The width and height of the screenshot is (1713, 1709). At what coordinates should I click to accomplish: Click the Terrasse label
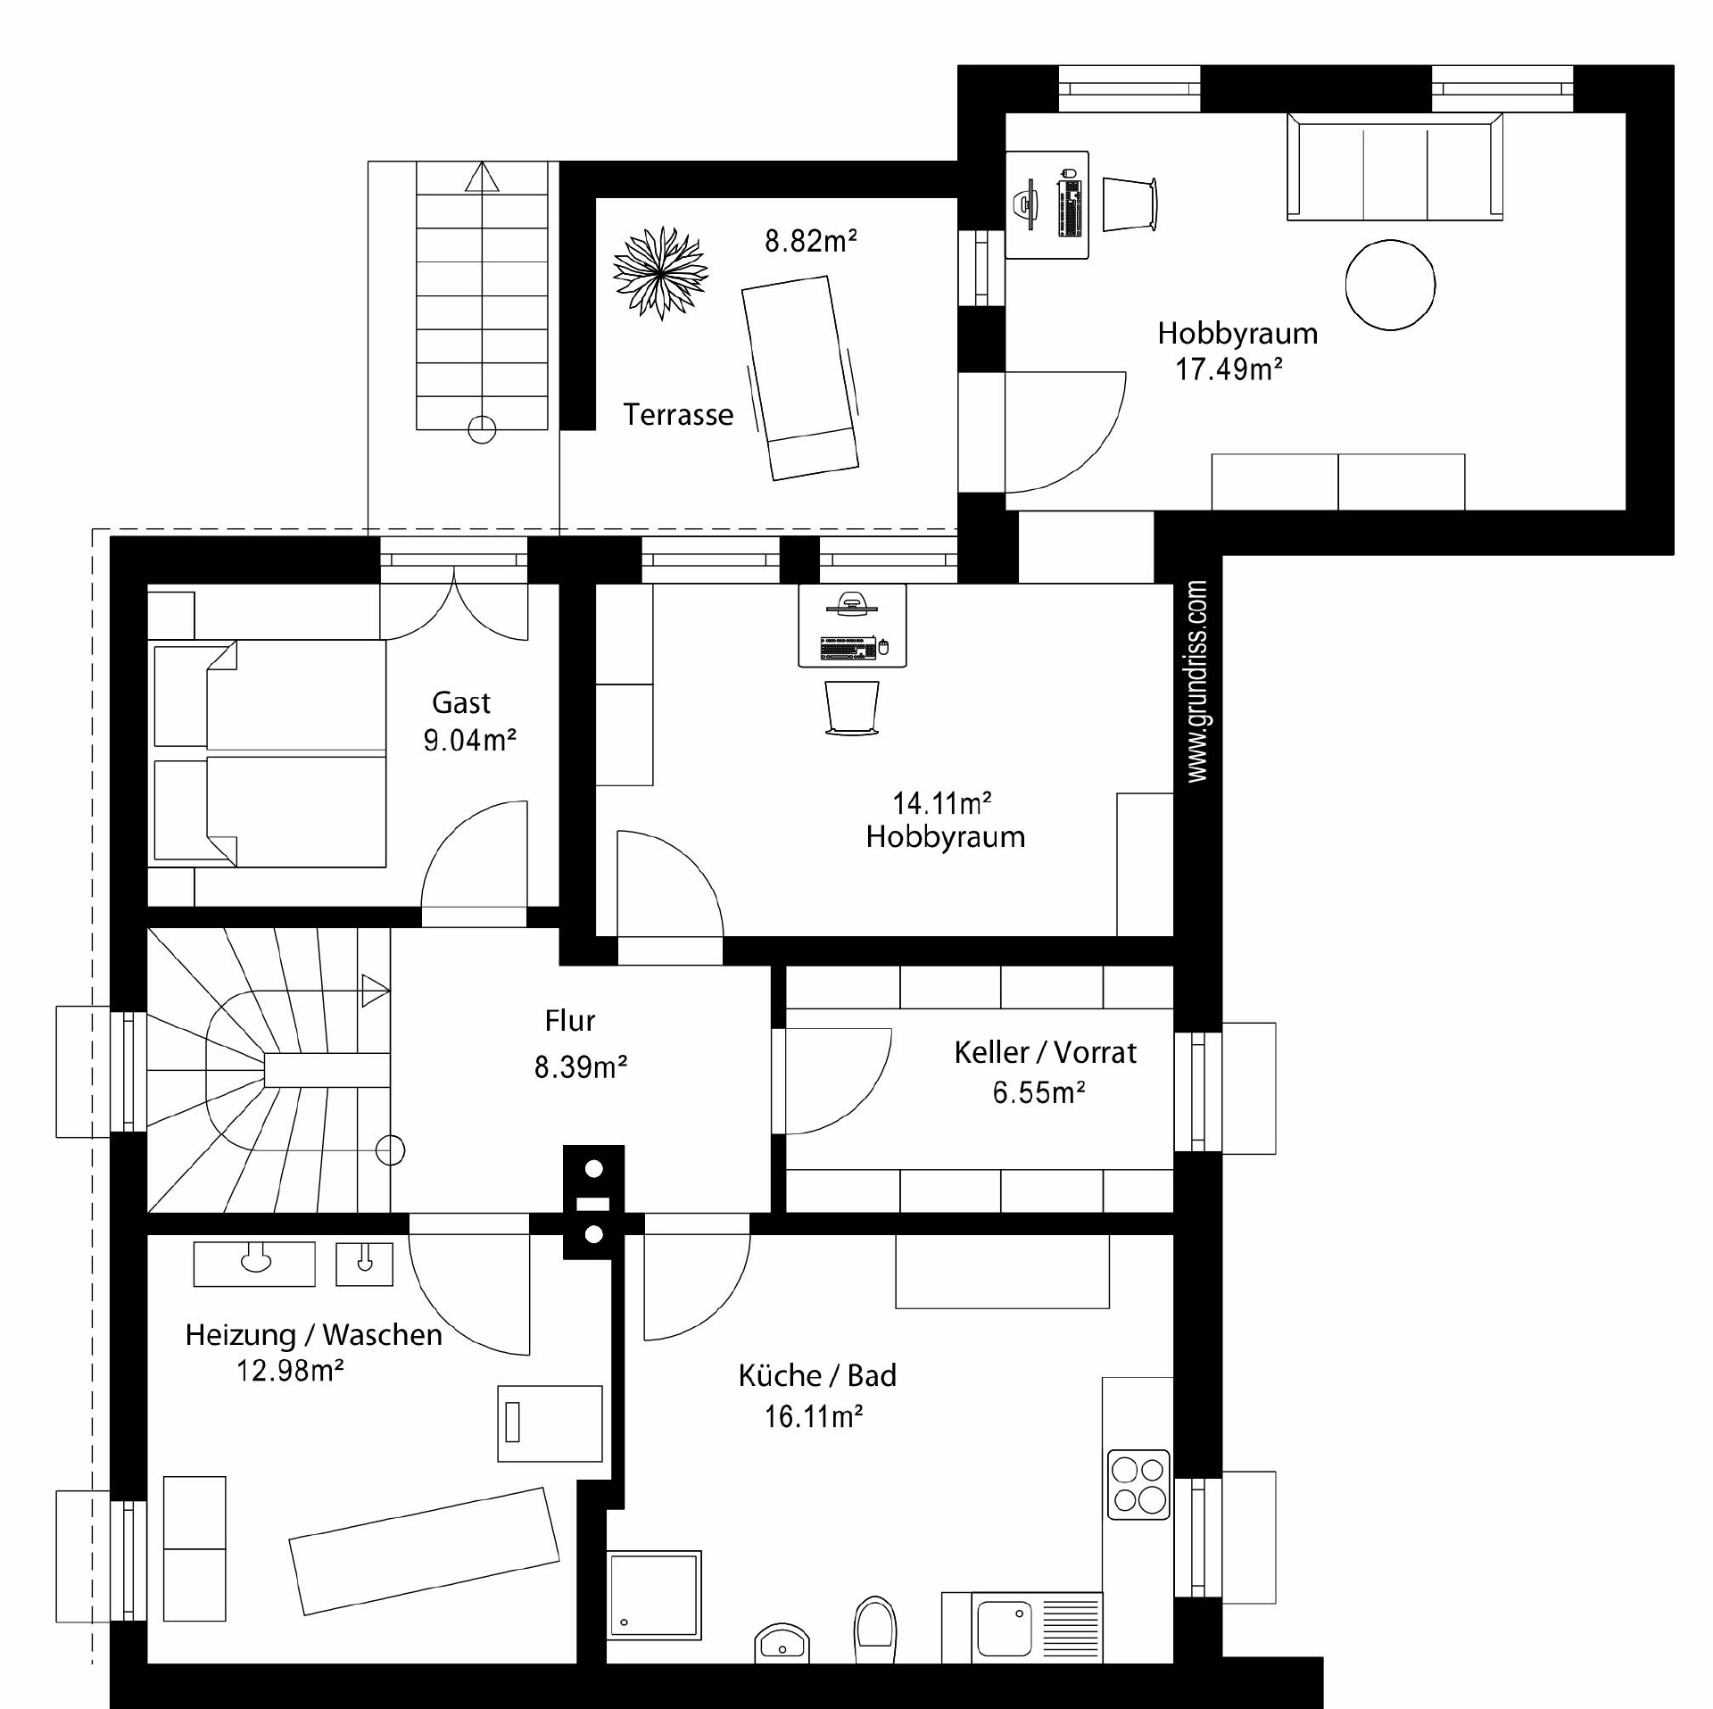[678, 415]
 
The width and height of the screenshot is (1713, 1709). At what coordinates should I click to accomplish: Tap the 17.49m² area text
[1229, 369]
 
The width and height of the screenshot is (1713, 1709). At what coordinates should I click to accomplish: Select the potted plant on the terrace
[660, 273]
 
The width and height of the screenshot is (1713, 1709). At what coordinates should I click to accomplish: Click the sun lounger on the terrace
[800, 377]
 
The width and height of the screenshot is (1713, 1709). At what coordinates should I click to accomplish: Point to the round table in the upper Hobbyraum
[1390, 286]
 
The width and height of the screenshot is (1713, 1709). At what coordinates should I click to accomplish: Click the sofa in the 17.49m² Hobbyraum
[1394, 167]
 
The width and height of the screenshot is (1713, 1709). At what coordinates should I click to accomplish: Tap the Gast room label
[461, 703]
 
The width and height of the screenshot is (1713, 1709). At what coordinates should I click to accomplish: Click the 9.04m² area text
[470, 741]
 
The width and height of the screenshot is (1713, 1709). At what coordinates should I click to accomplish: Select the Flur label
[570, 1020]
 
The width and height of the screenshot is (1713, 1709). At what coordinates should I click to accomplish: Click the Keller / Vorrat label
[1046, 1053]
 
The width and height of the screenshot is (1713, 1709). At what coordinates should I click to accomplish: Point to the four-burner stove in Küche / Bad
[1138, 1484]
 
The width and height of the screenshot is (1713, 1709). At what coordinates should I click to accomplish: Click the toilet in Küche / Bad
[874, 1630]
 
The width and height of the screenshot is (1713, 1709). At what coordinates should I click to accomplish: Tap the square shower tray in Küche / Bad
[654, 1594]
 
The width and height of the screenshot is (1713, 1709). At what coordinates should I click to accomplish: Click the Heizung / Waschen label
[314, 1335]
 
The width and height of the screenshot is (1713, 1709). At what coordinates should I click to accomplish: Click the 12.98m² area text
[290, 1371]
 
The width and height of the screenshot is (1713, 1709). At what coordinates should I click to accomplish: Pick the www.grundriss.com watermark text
[1197, 682]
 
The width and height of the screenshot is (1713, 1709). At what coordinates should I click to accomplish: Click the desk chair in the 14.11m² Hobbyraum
[852, 709]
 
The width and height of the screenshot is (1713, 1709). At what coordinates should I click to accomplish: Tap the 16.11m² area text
[813, 1416]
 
